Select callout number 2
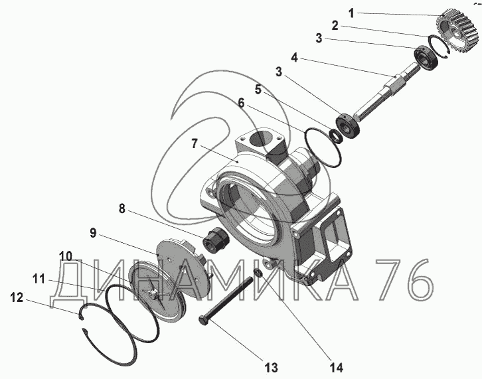tap(335, 27)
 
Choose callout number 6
tap(240, 104)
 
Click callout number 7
tap(195, 142)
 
